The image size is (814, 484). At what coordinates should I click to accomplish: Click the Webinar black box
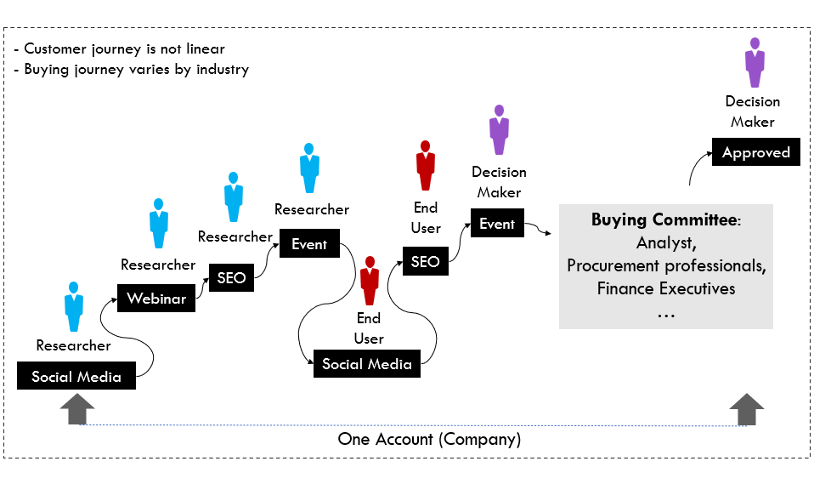[156, 299]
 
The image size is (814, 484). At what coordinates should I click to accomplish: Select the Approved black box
[755, 153]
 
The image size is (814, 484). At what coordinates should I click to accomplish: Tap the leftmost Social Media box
[76, 377]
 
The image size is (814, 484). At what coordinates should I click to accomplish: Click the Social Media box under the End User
[366, 364]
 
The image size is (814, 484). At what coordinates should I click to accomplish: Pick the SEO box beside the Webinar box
[231, 278]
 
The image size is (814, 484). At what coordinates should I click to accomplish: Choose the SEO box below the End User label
[425, 262]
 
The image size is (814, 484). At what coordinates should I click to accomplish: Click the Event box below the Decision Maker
[497, 224]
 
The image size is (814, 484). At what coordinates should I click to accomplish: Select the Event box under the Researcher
[309, 244]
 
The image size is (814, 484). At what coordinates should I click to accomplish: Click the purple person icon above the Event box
[499, 130]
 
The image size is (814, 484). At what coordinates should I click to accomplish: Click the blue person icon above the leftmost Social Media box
[74, 305]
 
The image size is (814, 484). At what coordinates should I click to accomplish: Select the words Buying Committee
[664, 220]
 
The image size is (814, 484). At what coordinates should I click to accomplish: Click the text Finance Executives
[665, 288]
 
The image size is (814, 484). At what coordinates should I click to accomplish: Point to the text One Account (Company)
[429, 440]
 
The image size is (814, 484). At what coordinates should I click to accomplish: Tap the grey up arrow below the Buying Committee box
[747, 410]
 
